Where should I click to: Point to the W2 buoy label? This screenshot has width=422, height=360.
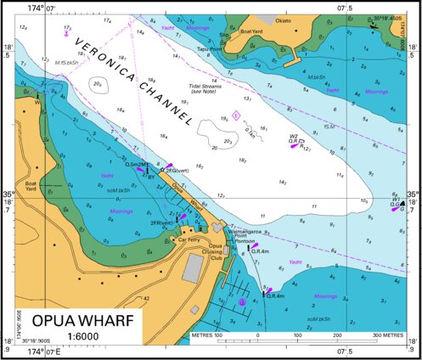click(x=293, y=136)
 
